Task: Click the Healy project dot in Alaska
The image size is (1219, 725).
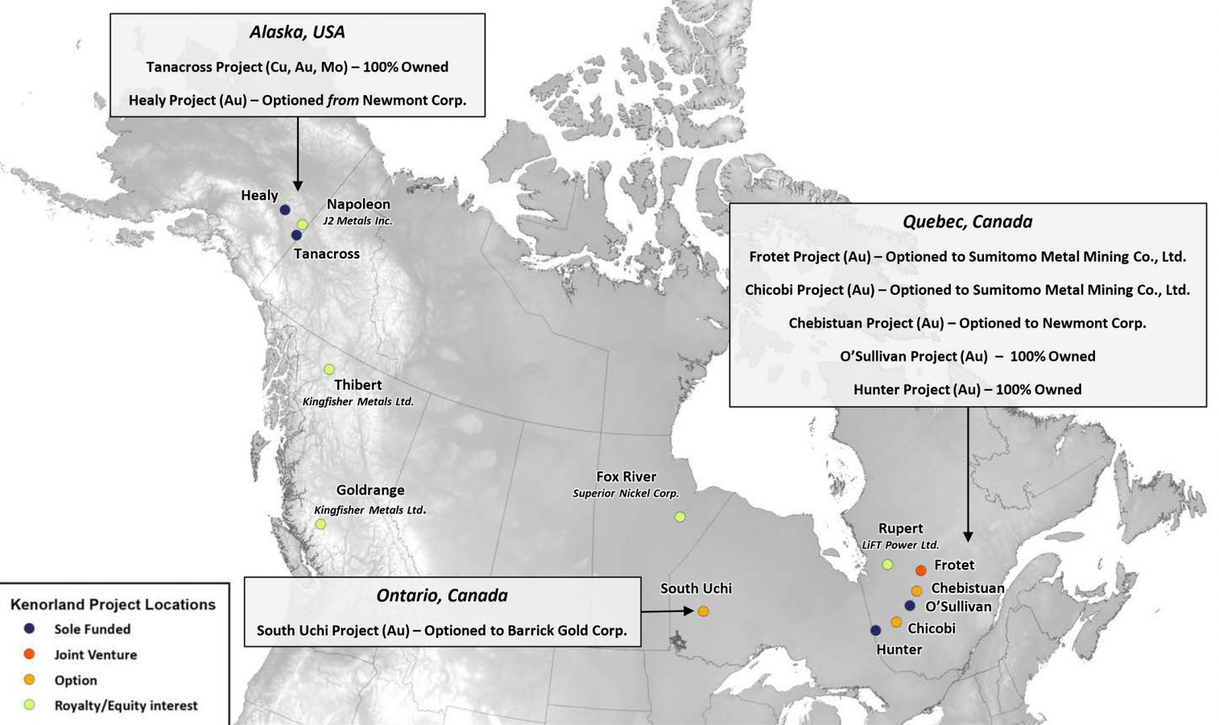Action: (x=284, y=209)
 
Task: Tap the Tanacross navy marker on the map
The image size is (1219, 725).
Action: (x=296, y=235)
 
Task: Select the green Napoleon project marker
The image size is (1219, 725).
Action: (x=302, y=225)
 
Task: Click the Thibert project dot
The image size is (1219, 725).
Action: (x=329, y=369)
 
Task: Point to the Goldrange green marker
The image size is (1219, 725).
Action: (x=320, y=524)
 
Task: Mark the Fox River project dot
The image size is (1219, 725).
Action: (x=680, y=516)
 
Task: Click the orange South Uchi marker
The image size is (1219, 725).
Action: (x=703, y=611)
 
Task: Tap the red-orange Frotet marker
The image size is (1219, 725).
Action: (x=920, y=570)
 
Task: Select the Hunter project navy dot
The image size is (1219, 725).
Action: (x=875, y=630)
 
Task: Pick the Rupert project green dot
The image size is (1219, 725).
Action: (x=887, y=565)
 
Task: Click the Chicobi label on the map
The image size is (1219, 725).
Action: (x=931, y=628)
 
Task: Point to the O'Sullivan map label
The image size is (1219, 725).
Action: (x=958, y=607)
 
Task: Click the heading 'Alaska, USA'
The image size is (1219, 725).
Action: (x=297, y=32)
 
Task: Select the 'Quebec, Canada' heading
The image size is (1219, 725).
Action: (x=967, y=222)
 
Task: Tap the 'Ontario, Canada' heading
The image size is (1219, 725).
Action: (x=442, y=595)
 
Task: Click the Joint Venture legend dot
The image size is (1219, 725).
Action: (x=30, y=654)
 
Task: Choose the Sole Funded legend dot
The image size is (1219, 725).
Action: (x=30, y=628)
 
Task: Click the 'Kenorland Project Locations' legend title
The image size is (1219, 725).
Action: (x=113, y=604)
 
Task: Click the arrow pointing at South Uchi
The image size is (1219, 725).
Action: (x=667, y=611)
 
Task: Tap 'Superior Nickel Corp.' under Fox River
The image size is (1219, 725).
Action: (x=626, y=493)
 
